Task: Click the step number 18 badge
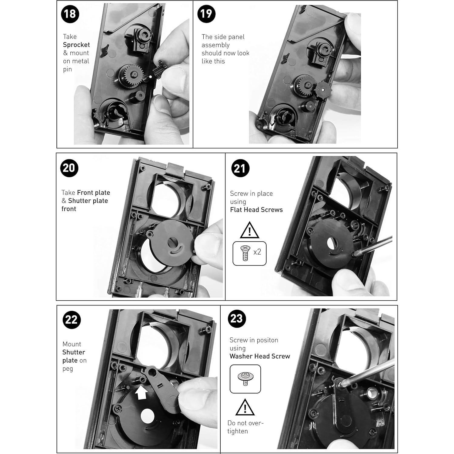[70, 14]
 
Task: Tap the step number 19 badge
[206, 14]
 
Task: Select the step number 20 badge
[69, 168]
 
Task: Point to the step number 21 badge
[240, 169]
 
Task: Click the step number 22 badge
[72, 320]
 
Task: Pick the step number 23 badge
[237, 319]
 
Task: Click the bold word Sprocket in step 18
[76, 45]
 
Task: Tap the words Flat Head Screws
[256, 210]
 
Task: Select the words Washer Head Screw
[260, 356]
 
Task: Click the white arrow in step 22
[141, 393]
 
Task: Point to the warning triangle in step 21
[249, 231]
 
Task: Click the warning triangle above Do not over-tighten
[245, 408]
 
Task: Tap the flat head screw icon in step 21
[245, 253]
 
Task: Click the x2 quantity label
[257, 252]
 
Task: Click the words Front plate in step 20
[93, 193]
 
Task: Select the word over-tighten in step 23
[245, 427]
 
